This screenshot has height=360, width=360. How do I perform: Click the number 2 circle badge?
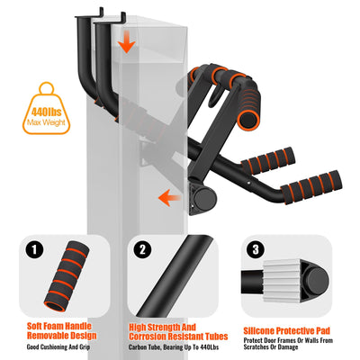pos(143,250)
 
